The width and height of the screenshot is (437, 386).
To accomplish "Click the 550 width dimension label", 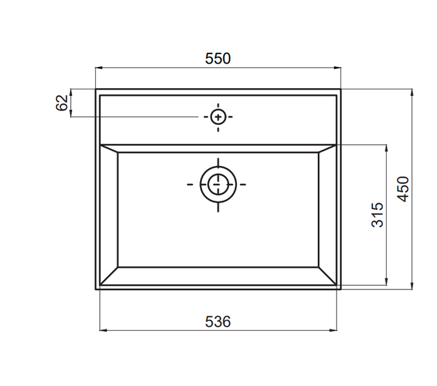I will coord(218,59).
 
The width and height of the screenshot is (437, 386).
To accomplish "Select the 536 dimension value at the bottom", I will coord(218,321).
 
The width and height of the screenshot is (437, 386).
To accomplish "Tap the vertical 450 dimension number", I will coord(403,189).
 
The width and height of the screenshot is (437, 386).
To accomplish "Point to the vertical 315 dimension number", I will coord(378,215).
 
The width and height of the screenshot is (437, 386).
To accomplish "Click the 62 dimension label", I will coord(62,103).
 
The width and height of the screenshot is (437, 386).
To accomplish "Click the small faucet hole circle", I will coord(218,117).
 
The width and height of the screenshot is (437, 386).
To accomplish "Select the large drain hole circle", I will coord(218,184).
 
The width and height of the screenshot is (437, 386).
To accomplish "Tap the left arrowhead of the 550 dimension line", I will coord(98,67).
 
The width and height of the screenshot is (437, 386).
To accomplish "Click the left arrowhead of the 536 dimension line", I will coord(102,331).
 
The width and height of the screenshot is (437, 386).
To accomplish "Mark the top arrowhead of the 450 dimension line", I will coord(411,92).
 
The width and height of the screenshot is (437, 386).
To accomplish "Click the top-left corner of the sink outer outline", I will coord(96,89).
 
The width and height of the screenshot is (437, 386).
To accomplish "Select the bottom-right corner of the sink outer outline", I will coord(340,289).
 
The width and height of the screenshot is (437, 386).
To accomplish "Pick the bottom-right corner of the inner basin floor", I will coord(319,266).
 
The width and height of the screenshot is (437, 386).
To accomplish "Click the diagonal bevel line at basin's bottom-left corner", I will coord(109,275).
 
